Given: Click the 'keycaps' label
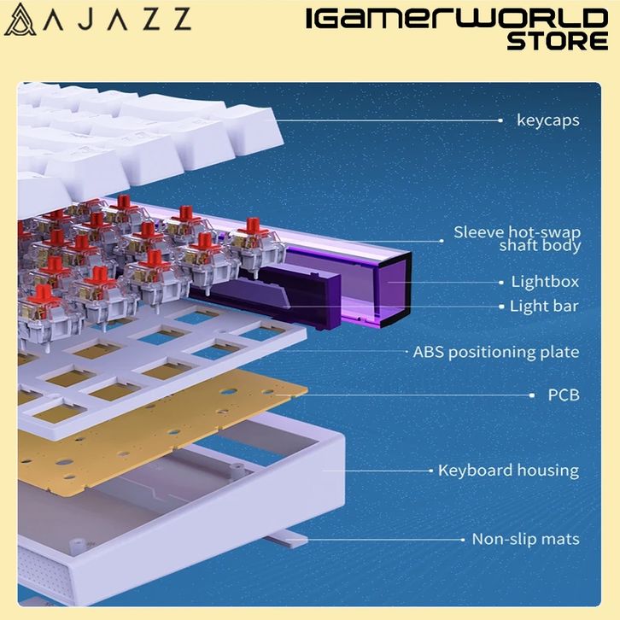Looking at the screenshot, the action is click(x=547, y=120).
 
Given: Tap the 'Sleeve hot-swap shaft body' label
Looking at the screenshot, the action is click(x=517, y=239).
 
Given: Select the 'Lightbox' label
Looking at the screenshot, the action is click(x=545, y=282).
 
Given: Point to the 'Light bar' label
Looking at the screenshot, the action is click(x=544, y=306).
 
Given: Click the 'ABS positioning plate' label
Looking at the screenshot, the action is click(x=495, y=352).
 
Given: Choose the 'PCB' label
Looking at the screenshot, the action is click(x=563, y=395).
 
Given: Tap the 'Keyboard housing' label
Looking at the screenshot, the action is click(x=508, y=471).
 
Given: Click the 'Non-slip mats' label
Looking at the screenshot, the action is click(x=525, y=539).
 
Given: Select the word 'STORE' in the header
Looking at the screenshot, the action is click(x=557, y=40).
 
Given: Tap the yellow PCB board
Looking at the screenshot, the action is click(x=171, y=427).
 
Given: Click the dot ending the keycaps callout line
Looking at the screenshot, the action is click(x=500, y=120).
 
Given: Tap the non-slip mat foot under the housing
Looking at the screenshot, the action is click(x=282, y=539).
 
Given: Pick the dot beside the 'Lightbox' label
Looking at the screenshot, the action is click(x=500, y=282).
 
